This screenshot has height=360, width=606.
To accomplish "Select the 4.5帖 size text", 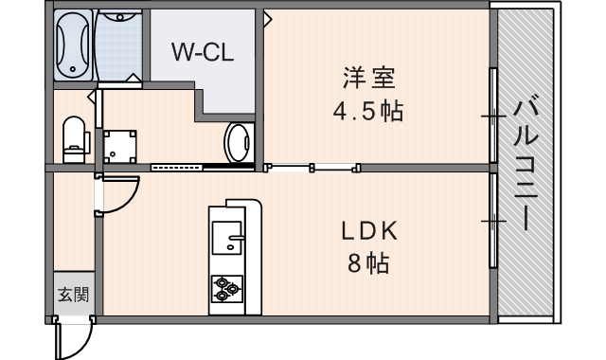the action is tap(367, 112).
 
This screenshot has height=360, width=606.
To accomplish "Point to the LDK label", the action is tap(368, 230).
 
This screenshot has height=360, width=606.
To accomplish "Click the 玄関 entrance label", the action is tap(72, 294).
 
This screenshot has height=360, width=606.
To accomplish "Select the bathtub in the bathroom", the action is tap(72, 45).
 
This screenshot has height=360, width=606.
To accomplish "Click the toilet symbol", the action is tap(73, 138).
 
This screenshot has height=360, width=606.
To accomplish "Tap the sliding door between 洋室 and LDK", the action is tap(313, 169).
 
